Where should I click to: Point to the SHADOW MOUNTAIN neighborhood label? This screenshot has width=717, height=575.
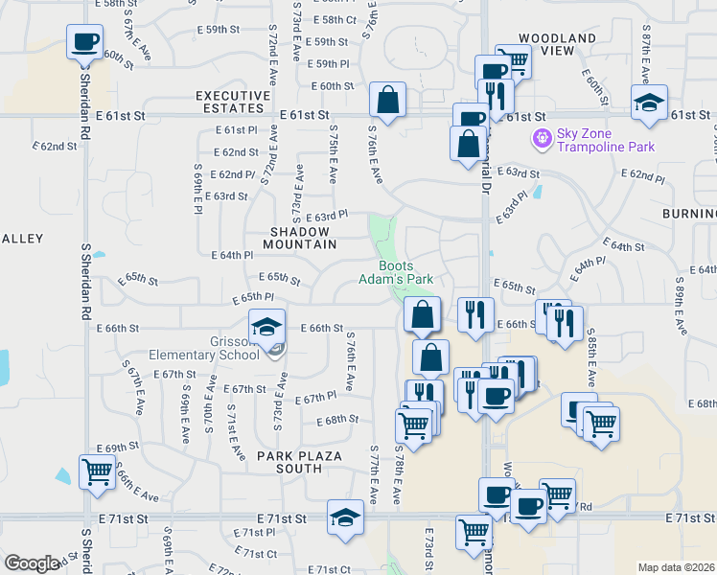click(303, 238)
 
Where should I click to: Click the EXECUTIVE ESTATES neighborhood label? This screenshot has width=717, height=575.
click(233, 103)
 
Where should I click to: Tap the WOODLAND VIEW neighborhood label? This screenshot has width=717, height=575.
click(557, 45)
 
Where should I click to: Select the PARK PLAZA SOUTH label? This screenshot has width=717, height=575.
click(289, 462)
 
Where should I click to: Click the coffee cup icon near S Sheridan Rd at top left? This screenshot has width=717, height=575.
click(84, 42)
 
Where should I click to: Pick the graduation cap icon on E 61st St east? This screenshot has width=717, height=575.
click(649, 103)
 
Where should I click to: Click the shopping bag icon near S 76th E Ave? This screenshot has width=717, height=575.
click(387, 100)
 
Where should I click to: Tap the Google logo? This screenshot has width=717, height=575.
click(32, 563)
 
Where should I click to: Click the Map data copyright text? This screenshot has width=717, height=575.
click(677, 567)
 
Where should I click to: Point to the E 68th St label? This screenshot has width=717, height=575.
click(341, 420)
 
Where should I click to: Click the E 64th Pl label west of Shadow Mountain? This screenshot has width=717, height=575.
click(232, 256)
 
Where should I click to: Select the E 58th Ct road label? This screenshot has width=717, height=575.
click(340, 19)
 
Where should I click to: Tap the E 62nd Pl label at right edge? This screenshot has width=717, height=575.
click(642, 175)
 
